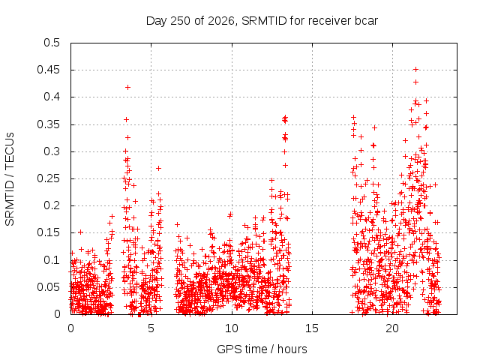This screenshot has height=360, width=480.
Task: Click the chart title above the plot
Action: pos(262,21)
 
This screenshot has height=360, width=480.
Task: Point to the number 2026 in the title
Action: pos(221,21)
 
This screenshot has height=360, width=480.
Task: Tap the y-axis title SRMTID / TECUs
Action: pos(10,179)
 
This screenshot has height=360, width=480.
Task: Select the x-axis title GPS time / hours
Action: pos(262,349)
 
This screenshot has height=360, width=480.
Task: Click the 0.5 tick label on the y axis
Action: pos(52,43)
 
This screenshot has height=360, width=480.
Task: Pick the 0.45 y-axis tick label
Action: pos(48,70)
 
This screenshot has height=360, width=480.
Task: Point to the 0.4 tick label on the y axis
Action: pos(52,97)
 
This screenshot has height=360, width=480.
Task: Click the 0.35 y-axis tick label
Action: pos(48,124)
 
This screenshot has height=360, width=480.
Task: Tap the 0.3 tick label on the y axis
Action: pos(52,151)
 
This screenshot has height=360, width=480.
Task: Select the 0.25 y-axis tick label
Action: pos(48,178)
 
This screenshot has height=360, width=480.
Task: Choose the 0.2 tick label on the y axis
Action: pos(52,205)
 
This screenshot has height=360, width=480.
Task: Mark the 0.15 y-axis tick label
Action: pos(48,232)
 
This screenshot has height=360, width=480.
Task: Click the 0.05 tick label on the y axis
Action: pos(48,287)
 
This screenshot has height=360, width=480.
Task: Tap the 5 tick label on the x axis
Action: pos(151,328)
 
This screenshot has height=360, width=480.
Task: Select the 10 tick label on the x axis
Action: pos(232,328)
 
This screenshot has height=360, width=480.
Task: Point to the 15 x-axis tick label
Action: pos(312,328)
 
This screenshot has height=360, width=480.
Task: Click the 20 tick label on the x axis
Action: pos(392,328)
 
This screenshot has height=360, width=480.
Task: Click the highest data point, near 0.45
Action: pos(415,70)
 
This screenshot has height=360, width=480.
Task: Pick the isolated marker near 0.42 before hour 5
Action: pos(128,88)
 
